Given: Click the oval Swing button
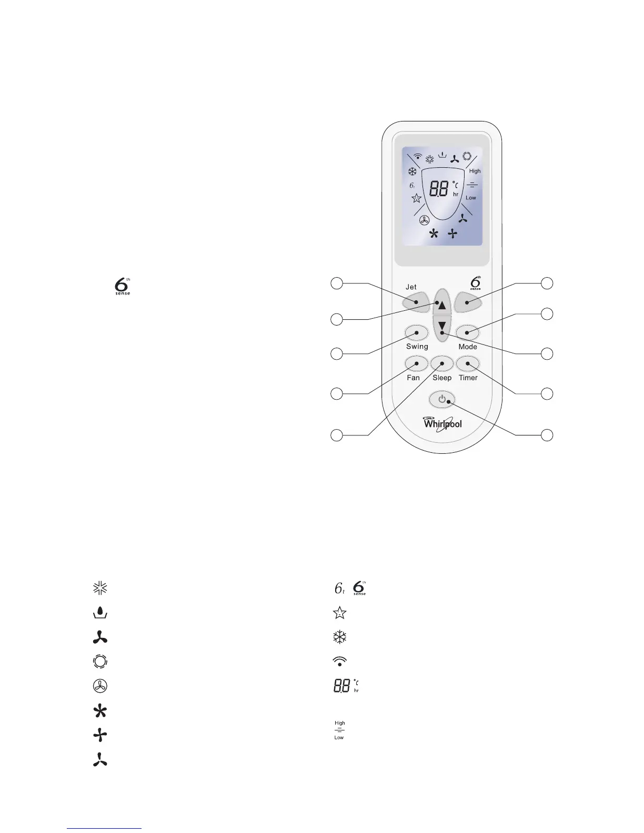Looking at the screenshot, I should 416,332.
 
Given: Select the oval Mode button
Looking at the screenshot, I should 467,332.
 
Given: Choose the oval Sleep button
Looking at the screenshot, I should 442,363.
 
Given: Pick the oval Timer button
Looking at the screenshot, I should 468,363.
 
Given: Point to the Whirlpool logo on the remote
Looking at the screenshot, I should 442,423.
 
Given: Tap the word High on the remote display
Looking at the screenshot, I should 475,171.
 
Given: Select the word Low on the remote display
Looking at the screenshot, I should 471,198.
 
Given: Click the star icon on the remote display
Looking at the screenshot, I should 416,198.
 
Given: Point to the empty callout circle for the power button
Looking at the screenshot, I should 547,435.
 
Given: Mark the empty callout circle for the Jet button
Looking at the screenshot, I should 337,283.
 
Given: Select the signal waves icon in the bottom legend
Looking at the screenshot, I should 340,661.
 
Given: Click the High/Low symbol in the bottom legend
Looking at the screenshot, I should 340,730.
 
